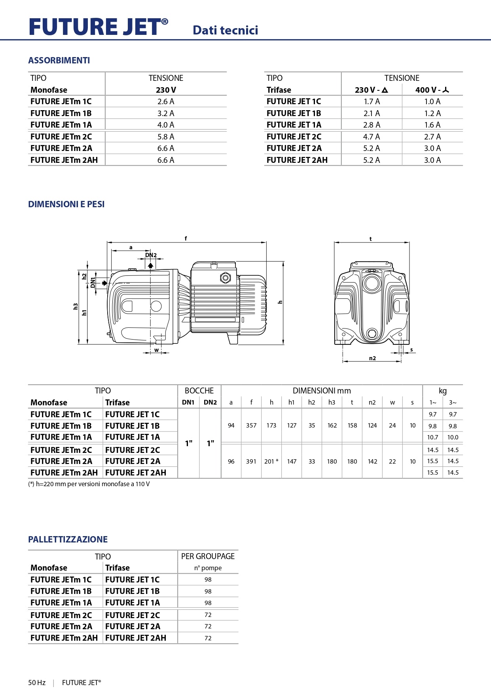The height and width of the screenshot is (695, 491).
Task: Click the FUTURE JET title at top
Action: pos(98,27)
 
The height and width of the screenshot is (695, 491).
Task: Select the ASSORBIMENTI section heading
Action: pos(59,60)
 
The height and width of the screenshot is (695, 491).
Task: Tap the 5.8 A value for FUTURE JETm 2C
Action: pos(165,137)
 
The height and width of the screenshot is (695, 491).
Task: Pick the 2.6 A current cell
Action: pos(165,101)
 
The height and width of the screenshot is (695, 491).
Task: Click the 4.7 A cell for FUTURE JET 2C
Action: pos(372,137)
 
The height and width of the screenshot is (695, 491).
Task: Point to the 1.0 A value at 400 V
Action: pos(432,101)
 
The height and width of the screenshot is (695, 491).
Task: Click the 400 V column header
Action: pos(432,90)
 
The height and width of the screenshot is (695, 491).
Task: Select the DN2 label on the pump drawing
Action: pos(151,255)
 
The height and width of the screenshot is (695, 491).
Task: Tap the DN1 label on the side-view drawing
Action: pos(93,283)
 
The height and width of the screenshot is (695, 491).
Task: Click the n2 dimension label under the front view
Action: pos(372,358)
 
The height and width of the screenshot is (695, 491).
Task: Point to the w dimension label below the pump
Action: pos(157,350)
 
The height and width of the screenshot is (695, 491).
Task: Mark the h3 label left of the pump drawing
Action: pos(76,306)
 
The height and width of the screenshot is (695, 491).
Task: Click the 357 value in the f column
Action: pos(251,426)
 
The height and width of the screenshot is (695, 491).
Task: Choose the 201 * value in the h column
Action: pos(271,461)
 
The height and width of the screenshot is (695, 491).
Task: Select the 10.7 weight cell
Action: pos(432,437)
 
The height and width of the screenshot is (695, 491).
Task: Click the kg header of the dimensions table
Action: pos(442,391)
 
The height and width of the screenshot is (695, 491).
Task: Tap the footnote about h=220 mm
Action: pos(89,484)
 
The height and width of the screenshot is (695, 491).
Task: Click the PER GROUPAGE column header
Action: pos(208,556)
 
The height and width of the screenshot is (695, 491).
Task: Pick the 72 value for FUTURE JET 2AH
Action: pos(208,638)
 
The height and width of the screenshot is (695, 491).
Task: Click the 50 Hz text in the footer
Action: pos(37,682)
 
